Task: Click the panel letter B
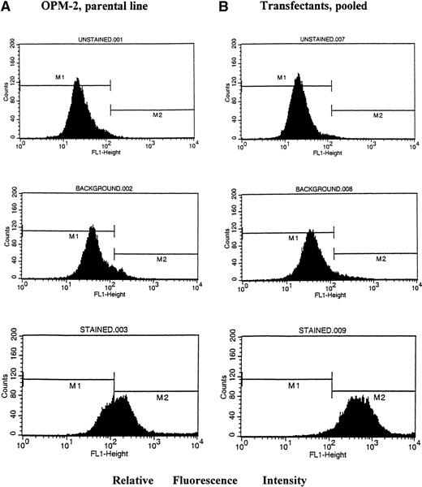225,11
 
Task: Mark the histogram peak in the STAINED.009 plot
357,398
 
